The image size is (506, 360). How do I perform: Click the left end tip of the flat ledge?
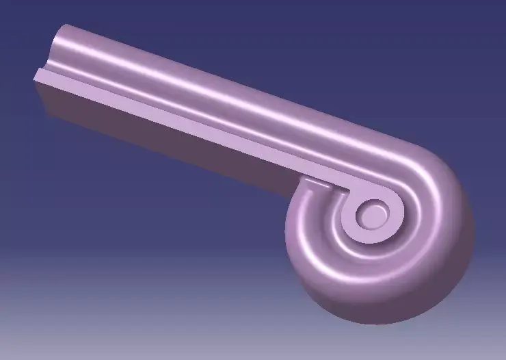[x=38, y=73]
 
